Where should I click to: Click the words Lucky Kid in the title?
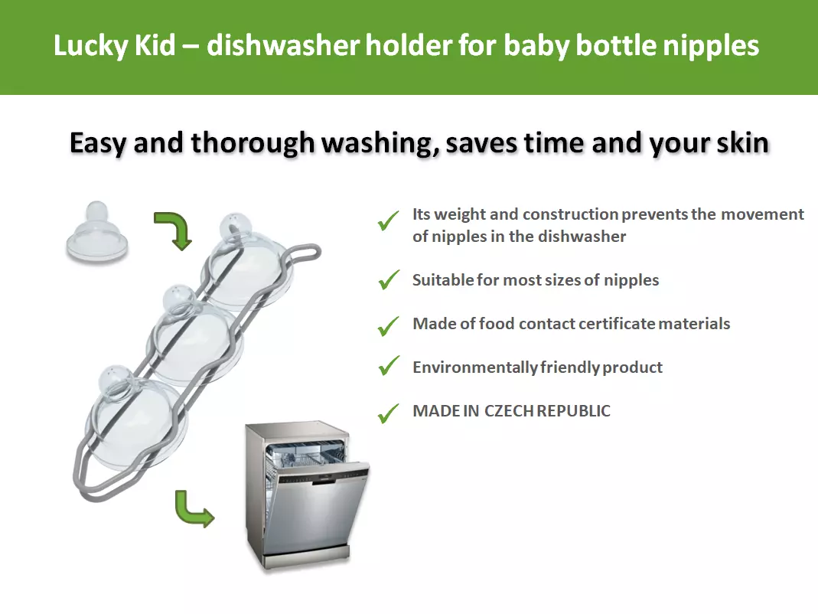coord(114,45)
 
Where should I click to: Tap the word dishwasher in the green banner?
coord(283,45)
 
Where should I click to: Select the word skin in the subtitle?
coord(742,143)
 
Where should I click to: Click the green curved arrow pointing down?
coord(175,229)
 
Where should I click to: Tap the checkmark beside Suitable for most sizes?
coord(389,280)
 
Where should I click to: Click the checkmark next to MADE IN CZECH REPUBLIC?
coord(389,413)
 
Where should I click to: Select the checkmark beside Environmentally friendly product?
coord(389,365)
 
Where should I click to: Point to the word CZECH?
coord(509,411)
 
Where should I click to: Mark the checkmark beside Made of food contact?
coord(389,326)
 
